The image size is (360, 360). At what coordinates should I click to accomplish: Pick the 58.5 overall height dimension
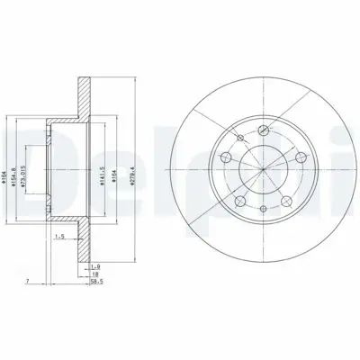(95, 281)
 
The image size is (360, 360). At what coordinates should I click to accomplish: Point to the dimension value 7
(29, 281)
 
